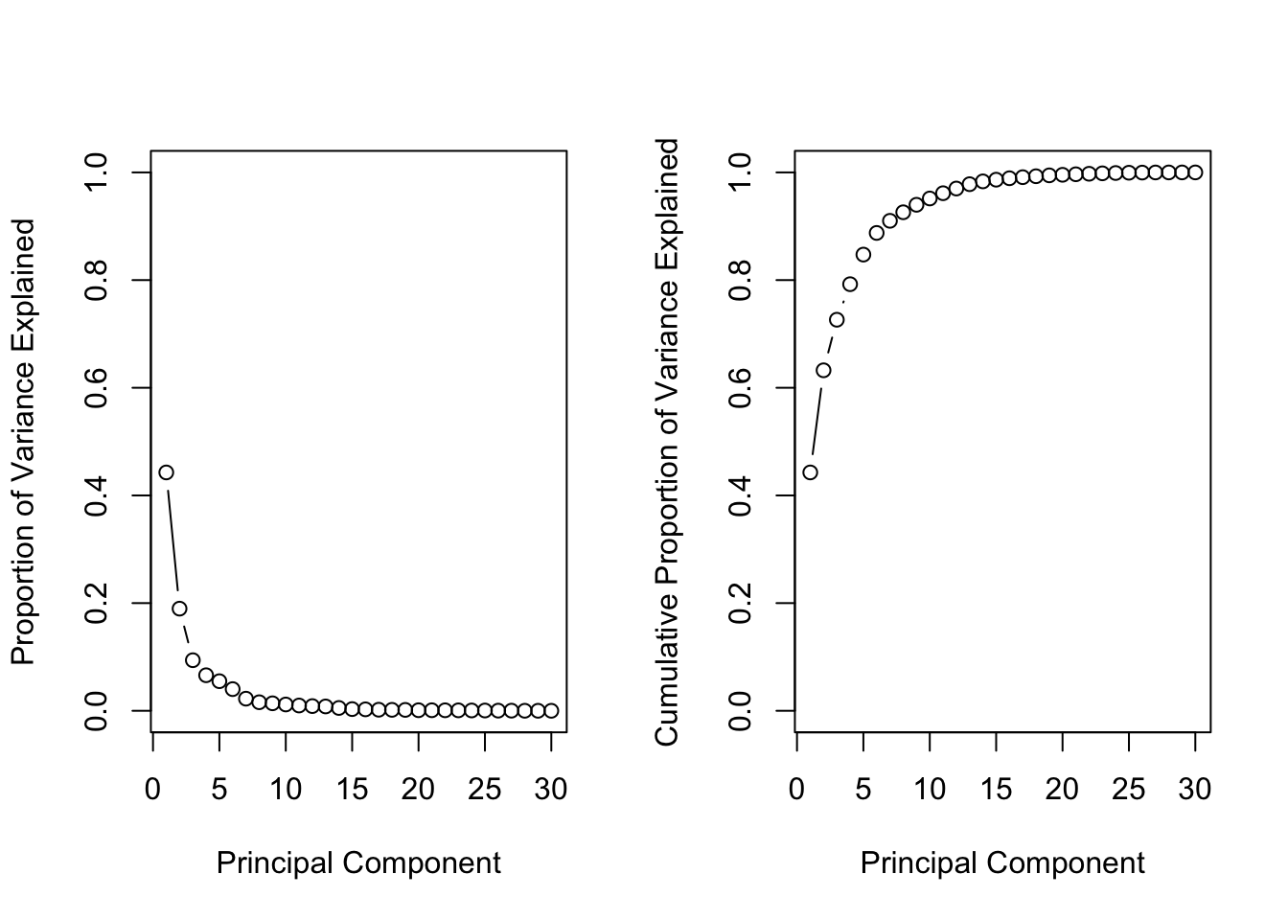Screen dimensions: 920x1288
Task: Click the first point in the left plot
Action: coord(166,472)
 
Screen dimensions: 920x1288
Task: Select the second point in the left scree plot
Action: coord(179,609)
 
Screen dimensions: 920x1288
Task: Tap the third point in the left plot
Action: coord(193,660)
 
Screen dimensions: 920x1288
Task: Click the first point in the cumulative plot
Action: coord(810,472)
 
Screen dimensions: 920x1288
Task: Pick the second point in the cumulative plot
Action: coord(823,370)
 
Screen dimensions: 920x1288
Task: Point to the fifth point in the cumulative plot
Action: coord(863,255)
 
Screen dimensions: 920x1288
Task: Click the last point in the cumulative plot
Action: coord(1195,172)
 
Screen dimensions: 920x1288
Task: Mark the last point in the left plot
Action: coord(551,710)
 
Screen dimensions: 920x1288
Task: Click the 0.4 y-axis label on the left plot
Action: coord(97,495)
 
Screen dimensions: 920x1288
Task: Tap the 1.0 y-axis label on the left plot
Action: coord(97,172)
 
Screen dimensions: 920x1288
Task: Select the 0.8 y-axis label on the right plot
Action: coord(741,280)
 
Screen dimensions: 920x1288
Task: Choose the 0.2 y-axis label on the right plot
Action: coord(741,603)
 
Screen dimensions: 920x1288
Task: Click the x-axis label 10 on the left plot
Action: coord(286,790)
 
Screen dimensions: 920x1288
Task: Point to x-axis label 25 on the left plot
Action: coord(485,790)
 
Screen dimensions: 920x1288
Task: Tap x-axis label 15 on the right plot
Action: coord(996,790)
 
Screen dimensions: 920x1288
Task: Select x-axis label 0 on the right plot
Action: coord(796,790)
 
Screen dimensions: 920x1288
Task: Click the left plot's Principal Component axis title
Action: coord(358,862)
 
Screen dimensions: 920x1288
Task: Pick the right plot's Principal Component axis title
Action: coord(1002,862)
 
